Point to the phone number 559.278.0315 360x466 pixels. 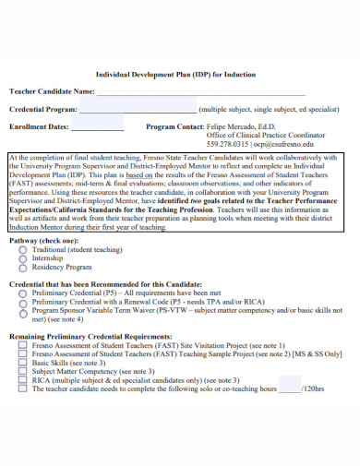click(228, 144)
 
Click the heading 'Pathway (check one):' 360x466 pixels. click(44, 240)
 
